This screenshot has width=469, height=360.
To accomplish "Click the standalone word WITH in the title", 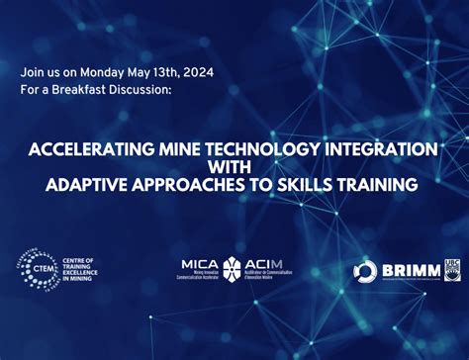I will (234, 166).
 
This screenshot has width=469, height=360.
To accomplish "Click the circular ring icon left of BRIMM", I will (364, 271).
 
